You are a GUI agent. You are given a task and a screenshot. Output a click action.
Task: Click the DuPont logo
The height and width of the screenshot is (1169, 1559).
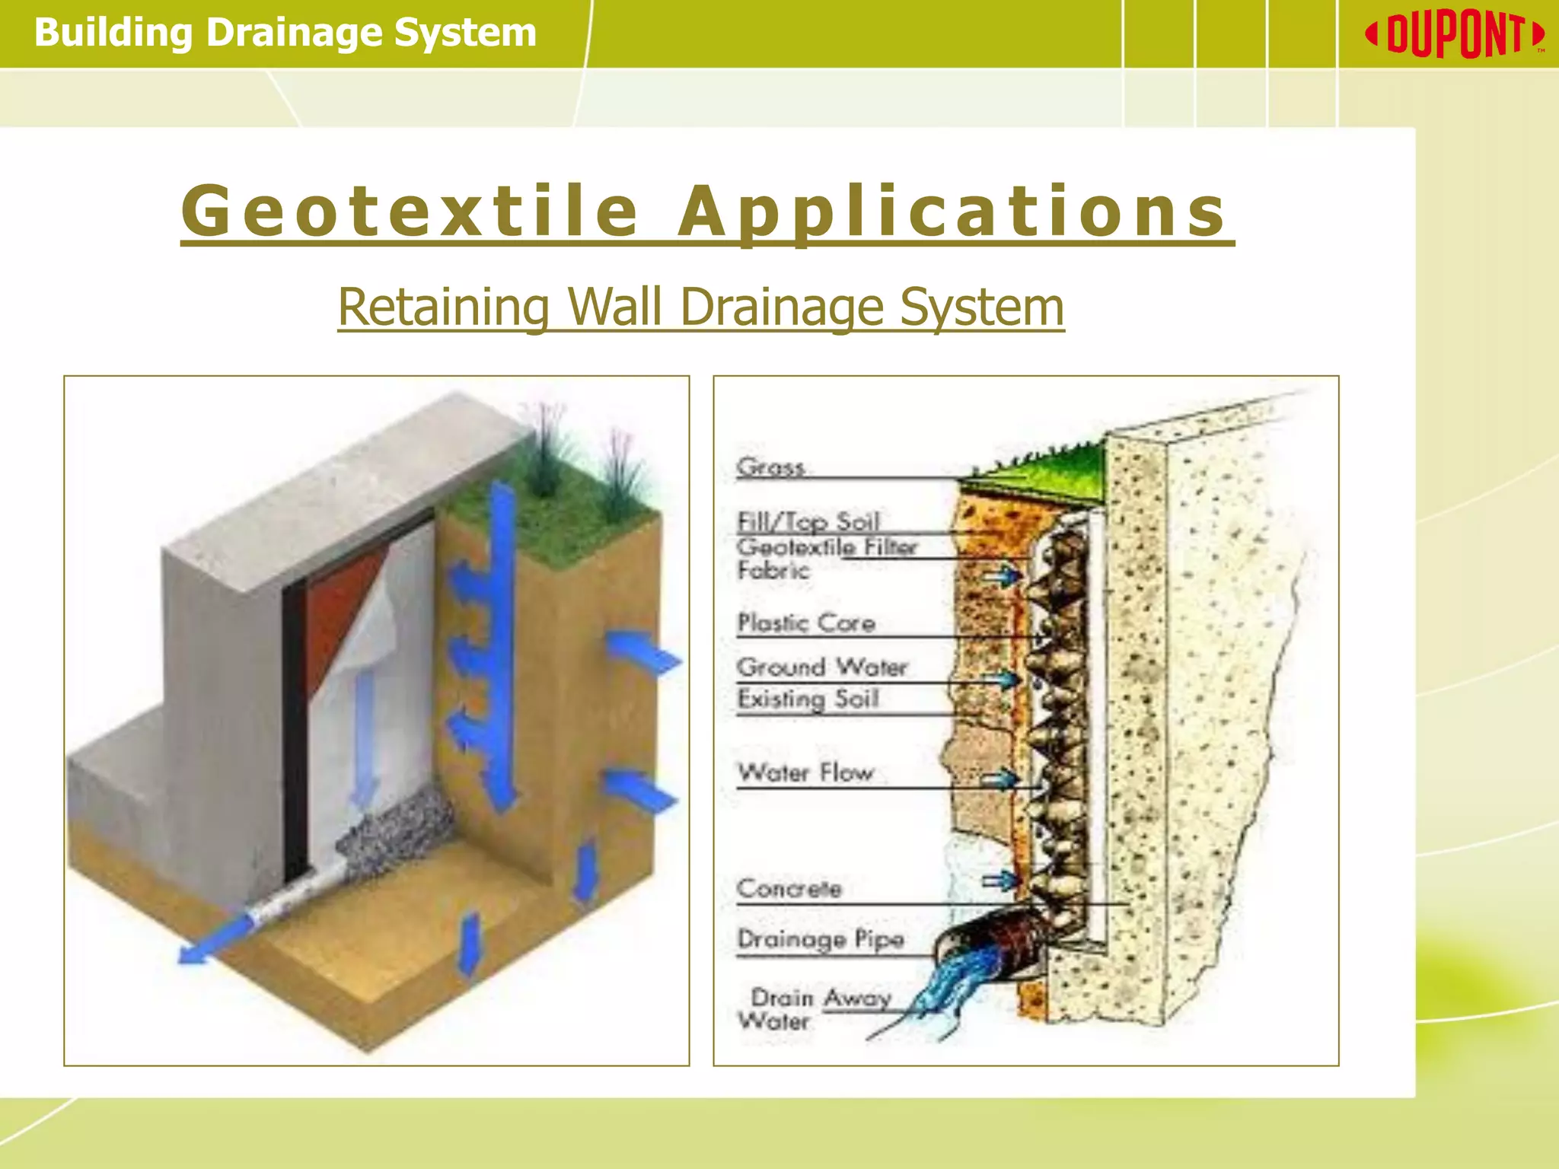coord(1455,35)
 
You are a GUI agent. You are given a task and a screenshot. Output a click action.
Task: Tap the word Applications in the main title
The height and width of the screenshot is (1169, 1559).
coord(952,211)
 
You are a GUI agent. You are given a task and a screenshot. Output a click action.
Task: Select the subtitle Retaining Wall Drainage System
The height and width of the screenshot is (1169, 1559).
coord(700,307)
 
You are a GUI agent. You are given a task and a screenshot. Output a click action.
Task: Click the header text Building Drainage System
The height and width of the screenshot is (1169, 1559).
coord(285,33)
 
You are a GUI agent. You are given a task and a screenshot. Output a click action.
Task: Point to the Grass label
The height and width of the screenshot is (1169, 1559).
coord(770,467)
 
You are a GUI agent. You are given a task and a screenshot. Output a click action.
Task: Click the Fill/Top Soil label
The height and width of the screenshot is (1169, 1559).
coord(808,521)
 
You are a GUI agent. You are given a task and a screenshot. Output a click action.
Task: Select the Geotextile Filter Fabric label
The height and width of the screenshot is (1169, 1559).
coord(826,558)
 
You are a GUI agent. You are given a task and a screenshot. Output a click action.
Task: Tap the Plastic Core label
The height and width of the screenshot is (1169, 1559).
coord(806,623)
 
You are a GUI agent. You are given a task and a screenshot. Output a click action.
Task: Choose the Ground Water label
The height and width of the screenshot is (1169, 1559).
coord(822,667)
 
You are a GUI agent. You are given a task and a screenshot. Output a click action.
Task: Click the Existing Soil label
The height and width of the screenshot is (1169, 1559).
coord(808,699)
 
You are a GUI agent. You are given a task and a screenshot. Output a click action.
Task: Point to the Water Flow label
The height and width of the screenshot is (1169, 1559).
coord(805,772)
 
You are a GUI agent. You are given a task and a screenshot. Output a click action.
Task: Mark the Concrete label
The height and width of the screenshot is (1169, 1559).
coord(789,888)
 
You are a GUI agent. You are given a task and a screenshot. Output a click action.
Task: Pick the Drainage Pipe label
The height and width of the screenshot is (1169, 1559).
coord(821,939)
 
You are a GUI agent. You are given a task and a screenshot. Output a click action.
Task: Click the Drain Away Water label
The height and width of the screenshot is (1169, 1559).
coord(815,1008)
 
